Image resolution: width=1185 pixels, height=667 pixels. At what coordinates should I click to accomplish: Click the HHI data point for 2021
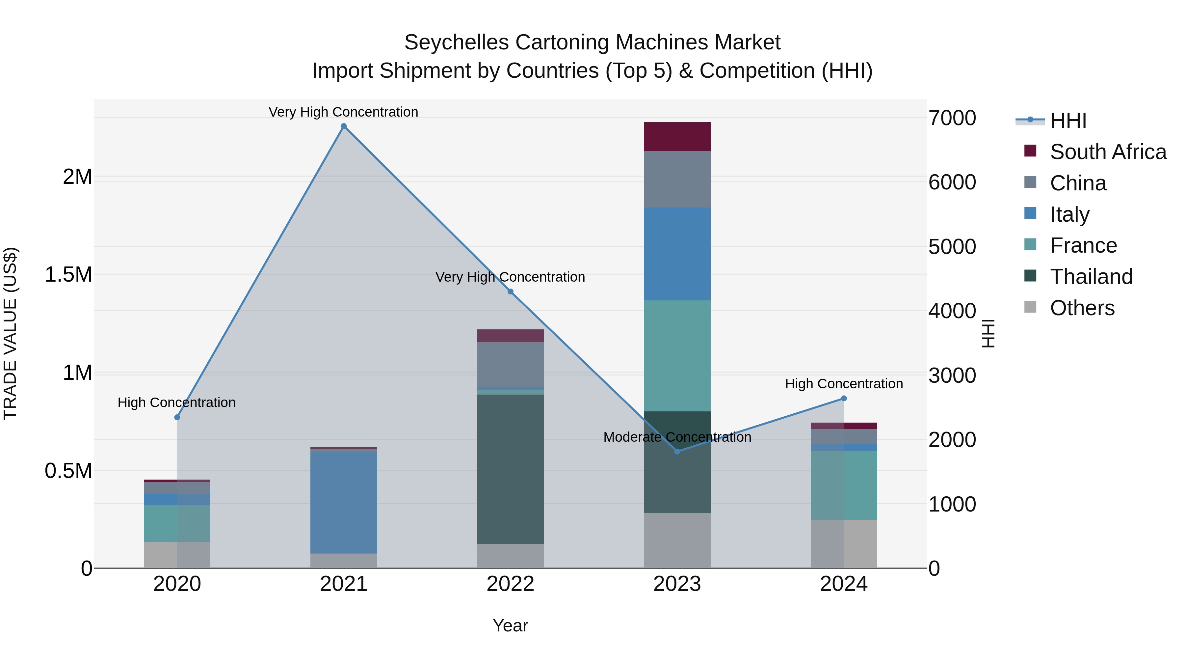[344, 126]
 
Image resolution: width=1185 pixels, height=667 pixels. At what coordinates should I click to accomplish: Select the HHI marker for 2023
[677, 452]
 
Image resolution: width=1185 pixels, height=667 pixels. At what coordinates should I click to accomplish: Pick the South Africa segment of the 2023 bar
[677, 137]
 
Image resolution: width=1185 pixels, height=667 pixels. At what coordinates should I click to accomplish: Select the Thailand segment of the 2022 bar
[510, 469]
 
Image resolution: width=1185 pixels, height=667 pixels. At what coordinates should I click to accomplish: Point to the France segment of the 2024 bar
[844, 485]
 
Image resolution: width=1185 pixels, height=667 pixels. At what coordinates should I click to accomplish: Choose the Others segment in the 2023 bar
[677, 541]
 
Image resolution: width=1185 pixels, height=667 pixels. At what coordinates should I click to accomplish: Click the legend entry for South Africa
[1108, 152]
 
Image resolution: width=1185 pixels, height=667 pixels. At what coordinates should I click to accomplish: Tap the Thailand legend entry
[1091, 277]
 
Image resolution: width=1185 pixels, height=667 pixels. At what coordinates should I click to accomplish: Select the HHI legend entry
[1068, 121]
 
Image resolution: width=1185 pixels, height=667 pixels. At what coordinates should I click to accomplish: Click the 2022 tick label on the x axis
[510, 584]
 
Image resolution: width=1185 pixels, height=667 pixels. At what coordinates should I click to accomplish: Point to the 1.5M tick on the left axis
[68, 275]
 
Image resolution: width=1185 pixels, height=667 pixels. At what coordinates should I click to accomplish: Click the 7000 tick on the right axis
[952, 118]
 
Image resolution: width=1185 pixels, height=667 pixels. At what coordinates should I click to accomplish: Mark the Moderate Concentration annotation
[677, 437]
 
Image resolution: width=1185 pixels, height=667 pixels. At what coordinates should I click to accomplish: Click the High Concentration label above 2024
[844, 383]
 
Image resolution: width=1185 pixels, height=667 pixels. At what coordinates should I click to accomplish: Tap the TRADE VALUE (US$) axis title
[10, 333]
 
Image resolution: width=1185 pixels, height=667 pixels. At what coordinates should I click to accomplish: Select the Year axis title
[510, 625]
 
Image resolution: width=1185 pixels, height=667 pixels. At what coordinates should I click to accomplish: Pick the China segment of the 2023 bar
[677, 179]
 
